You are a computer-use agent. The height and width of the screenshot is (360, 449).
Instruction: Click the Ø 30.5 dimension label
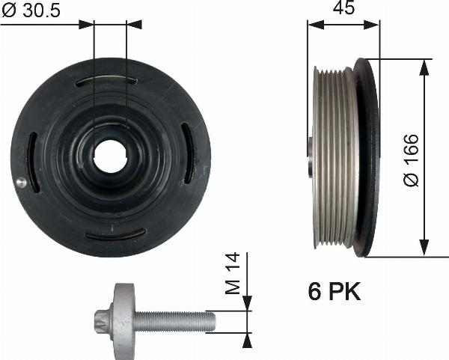tap(31, 10)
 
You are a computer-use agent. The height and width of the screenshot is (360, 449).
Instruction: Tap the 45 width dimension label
tap(343, 7)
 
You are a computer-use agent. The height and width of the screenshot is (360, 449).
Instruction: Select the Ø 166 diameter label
tap(412, 160)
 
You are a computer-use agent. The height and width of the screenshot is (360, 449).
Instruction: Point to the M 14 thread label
tap(232, 273)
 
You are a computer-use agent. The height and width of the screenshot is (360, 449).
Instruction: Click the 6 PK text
tap(335, 291)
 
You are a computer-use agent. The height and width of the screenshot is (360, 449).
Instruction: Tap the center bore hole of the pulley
tap(110, 156)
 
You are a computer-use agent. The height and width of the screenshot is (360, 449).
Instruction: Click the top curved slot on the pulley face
tap(106, 81)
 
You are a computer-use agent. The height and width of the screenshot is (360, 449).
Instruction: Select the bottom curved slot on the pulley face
tap(115, 234)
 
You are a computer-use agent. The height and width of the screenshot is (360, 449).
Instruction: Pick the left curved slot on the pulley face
tap(32, 162)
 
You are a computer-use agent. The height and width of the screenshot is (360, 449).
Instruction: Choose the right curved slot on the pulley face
tap(188, 153)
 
